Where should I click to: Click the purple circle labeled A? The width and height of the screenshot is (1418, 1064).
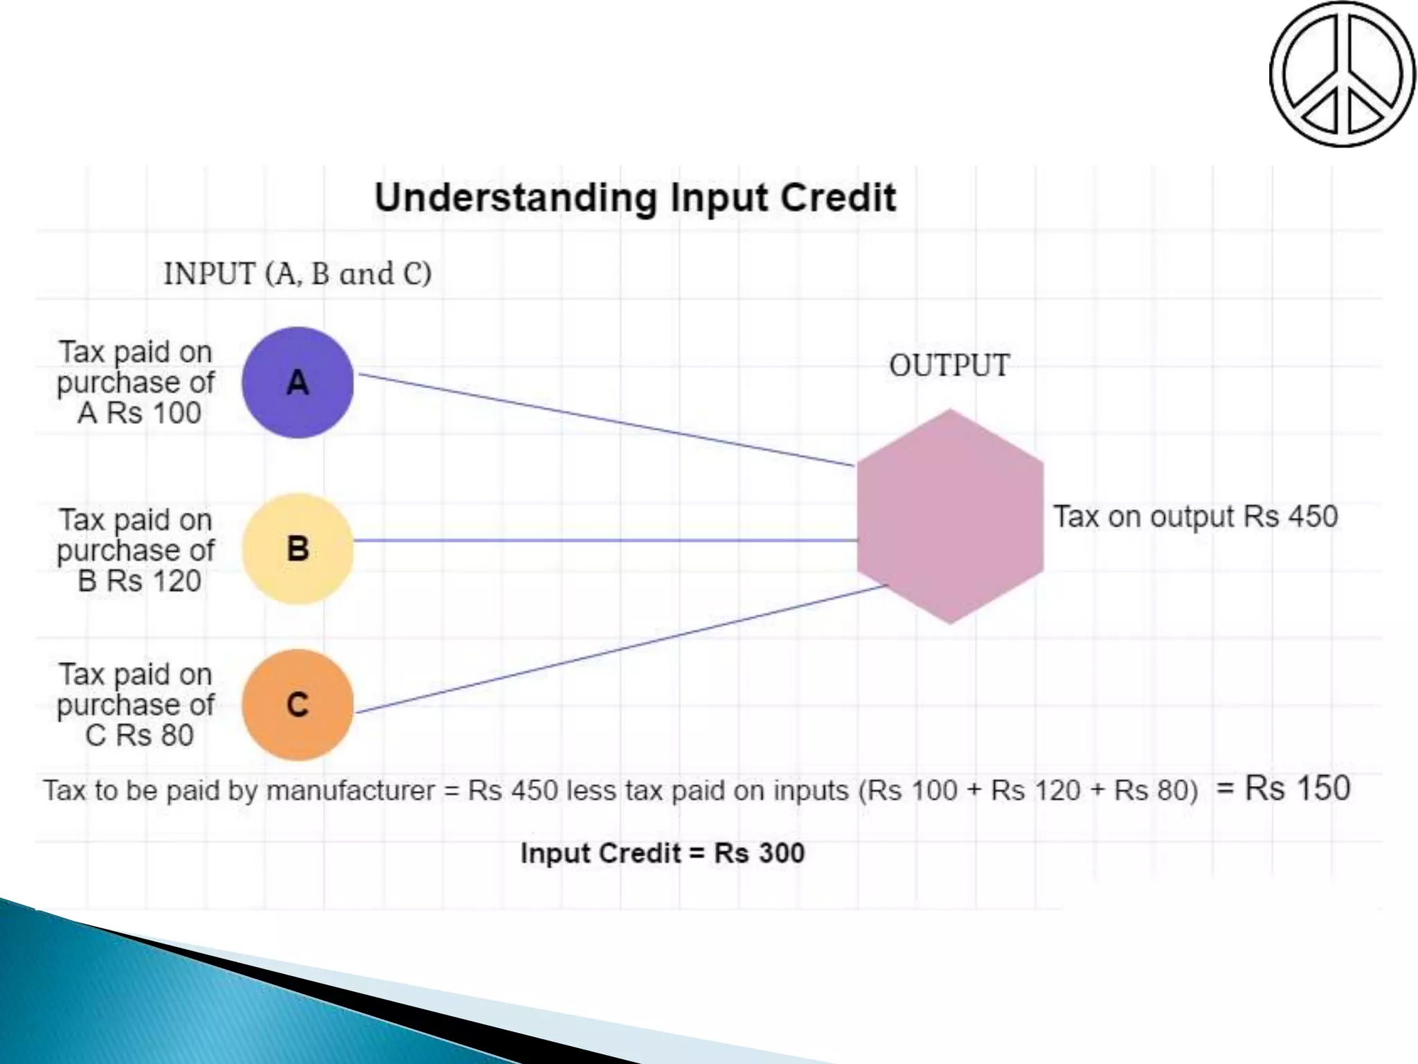(x=298, y=382)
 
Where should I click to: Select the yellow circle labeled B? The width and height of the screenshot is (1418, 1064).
(x=298, y=549)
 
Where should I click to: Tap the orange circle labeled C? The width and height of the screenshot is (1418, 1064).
(x=298, y=704)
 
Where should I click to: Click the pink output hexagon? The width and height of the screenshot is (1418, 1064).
(x=950, y=516)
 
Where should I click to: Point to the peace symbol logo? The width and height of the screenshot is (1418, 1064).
(x=1342, y=73)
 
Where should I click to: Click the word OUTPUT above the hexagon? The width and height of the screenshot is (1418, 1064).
(x=949, y=366)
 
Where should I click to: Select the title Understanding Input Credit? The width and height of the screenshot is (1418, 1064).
(x=635, y=198)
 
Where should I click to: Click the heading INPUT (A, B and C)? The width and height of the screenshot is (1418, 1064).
(x=298, y=274)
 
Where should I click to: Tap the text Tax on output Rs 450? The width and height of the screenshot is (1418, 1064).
(x=1195, y=517)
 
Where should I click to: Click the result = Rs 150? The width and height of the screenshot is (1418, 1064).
(x=1283, y=788)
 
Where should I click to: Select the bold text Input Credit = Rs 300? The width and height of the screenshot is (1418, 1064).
(x=663, y=853)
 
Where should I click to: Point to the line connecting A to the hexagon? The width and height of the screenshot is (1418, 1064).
(x=606, y=420)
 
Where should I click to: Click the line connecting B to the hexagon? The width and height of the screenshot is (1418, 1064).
(x=606, y=540)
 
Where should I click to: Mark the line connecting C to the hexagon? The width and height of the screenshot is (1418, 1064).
(x=620, y=649)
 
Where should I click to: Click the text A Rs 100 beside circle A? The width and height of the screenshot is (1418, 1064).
(x=139, y=414)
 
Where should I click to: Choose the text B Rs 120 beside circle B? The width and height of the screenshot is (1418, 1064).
(x=139, y=581)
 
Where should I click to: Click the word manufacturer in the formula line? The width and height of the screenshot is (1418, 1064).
(x=351, y=790)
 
